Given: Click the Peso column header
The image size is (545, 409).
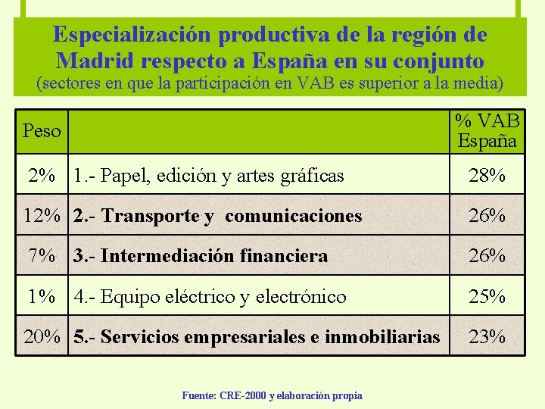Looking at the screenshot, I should click(42, 131).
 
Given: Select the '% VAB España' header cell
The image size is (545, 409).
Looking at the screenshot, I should click(487, 131).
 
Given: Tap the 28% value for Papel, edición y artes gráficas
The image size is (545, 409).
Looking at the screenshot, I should click(487, 176).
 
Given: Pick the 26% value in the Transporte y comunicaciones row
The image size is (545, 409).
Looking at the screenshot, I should click(487, 216).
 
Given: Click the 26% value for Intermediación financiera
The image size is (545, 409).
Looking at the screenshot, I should click(487, 256).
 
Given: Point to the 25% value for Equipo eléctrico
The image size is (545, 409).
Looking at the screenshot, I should click(487, 296).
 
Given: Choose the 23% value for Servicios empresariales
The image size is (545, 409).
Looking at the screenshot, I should click(487, 336).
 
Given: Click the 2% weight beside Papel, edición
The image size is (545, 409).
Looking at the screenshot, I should click(42, 176).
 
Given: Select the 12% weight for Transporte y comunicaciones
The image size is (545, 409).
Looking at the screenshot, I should click(42, 216).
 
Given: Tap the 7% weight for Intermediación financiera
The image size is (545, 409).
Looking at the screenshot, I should click(42, 256).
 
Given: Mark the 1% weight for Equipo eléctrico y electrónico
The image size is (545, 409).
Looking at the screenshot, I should click(42, 296).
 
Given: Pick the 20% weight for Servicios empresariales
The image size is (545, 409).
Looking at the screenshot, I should click(42, 336).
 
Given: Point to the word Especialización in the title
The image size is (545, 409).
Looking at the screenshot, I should click(132, 35).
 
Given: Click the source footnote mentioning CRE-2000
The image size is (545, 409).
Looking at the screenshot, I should click(272, 395).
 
